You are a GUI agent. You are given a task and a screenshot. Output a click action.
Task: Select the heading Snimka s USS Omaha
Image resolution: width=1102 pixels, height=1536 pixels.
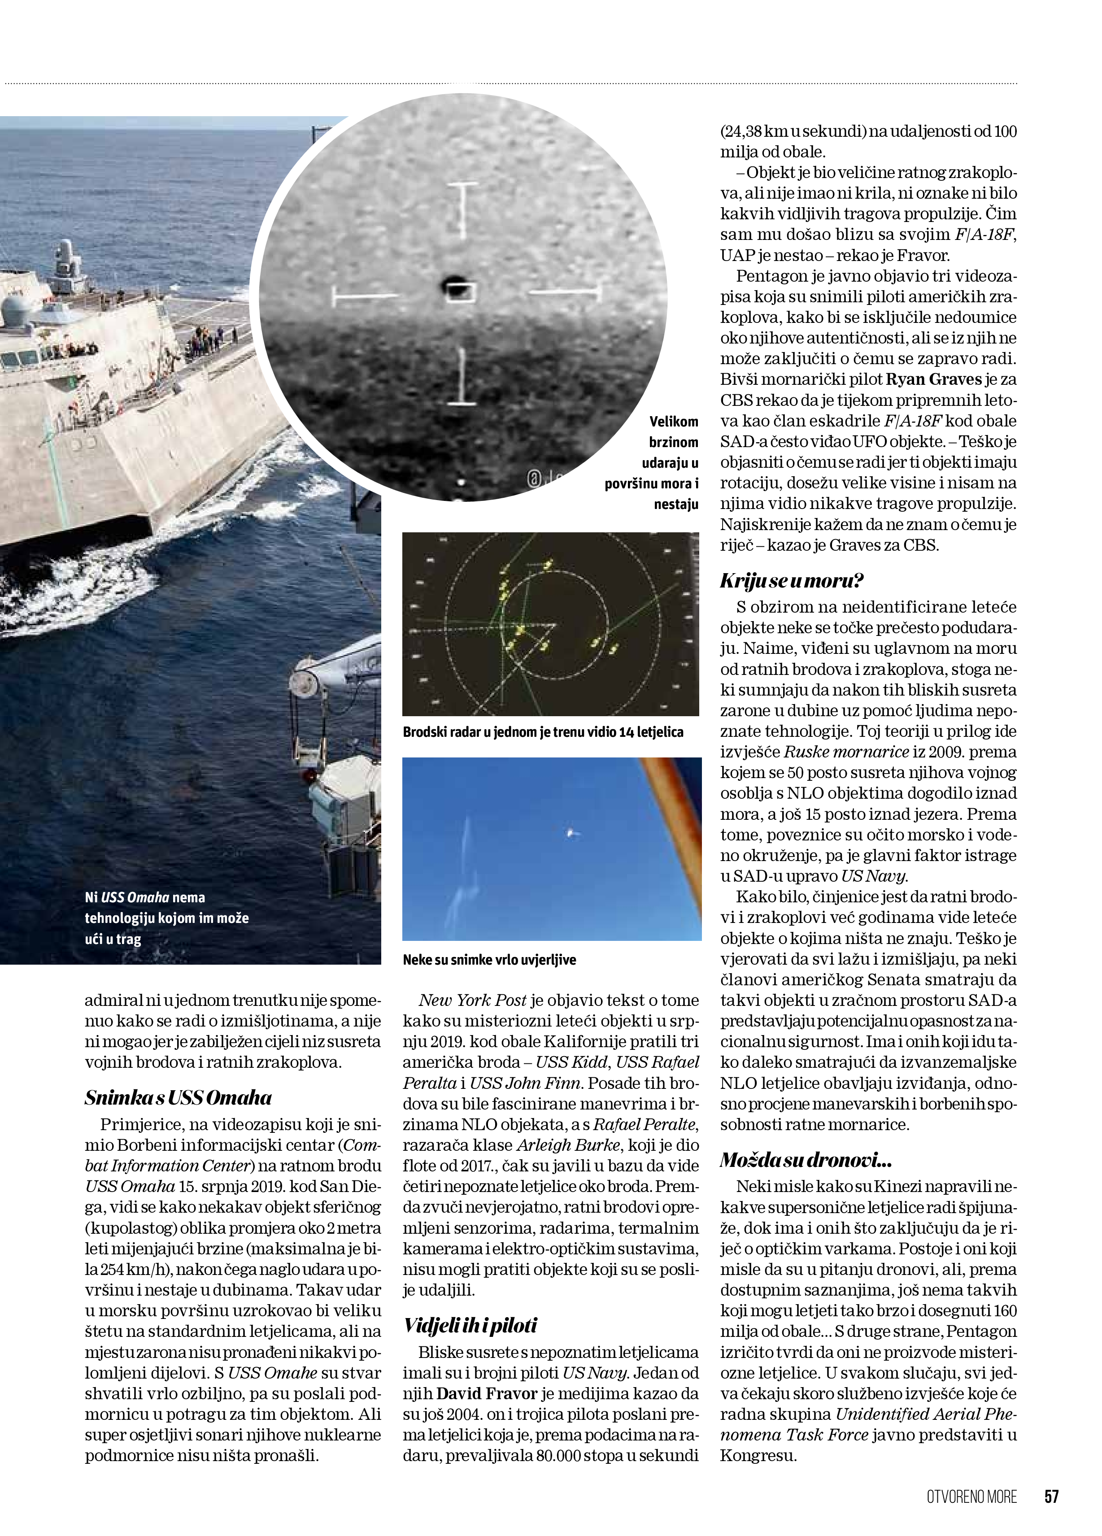click(x=178, y=1098)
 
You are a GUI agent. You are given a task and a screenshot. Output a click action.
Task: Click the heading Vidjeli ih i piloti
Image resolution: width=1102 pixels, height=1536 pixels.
click(x=470, y=1325)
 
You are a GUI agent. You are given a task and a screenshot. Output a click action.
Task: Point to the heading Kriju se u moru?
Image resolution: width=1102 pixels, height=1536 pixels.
click(x=791, y=580)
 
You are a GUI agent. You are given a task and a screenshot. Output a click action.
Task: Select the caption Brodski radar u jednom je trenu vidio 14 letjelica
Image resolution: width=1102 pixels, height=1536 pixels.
click(x=543, y=732)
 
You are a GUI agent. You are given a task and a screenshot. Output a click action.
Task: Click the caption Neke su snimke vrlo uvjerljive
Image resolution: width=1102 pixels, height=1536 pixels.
click(x=489, y=960)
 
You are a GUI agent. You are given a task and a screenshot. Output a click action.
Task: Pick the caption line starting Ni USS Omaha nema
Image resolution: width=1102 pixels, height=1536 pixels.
click(x=144, y=897)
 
